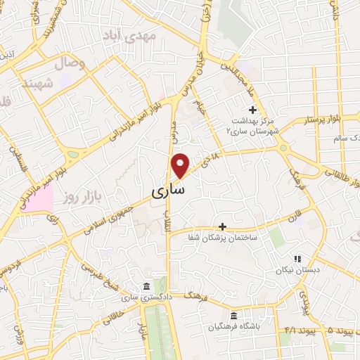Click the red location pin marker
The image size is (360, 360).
pyautogui.click(x=181, y=165)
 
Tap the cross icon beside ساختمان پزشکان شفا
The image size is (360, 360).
pyautogui.click(x=223, y=226)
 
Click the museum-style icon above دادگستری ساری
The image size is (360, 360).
pyautogui.click(x=146, y=287)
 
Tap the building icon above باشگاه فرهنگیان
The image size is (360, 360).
pyautogui.click(x=235, y=314)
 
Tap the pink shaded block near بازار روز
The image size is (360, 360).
pyautogui.click(x=40, y=200)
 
